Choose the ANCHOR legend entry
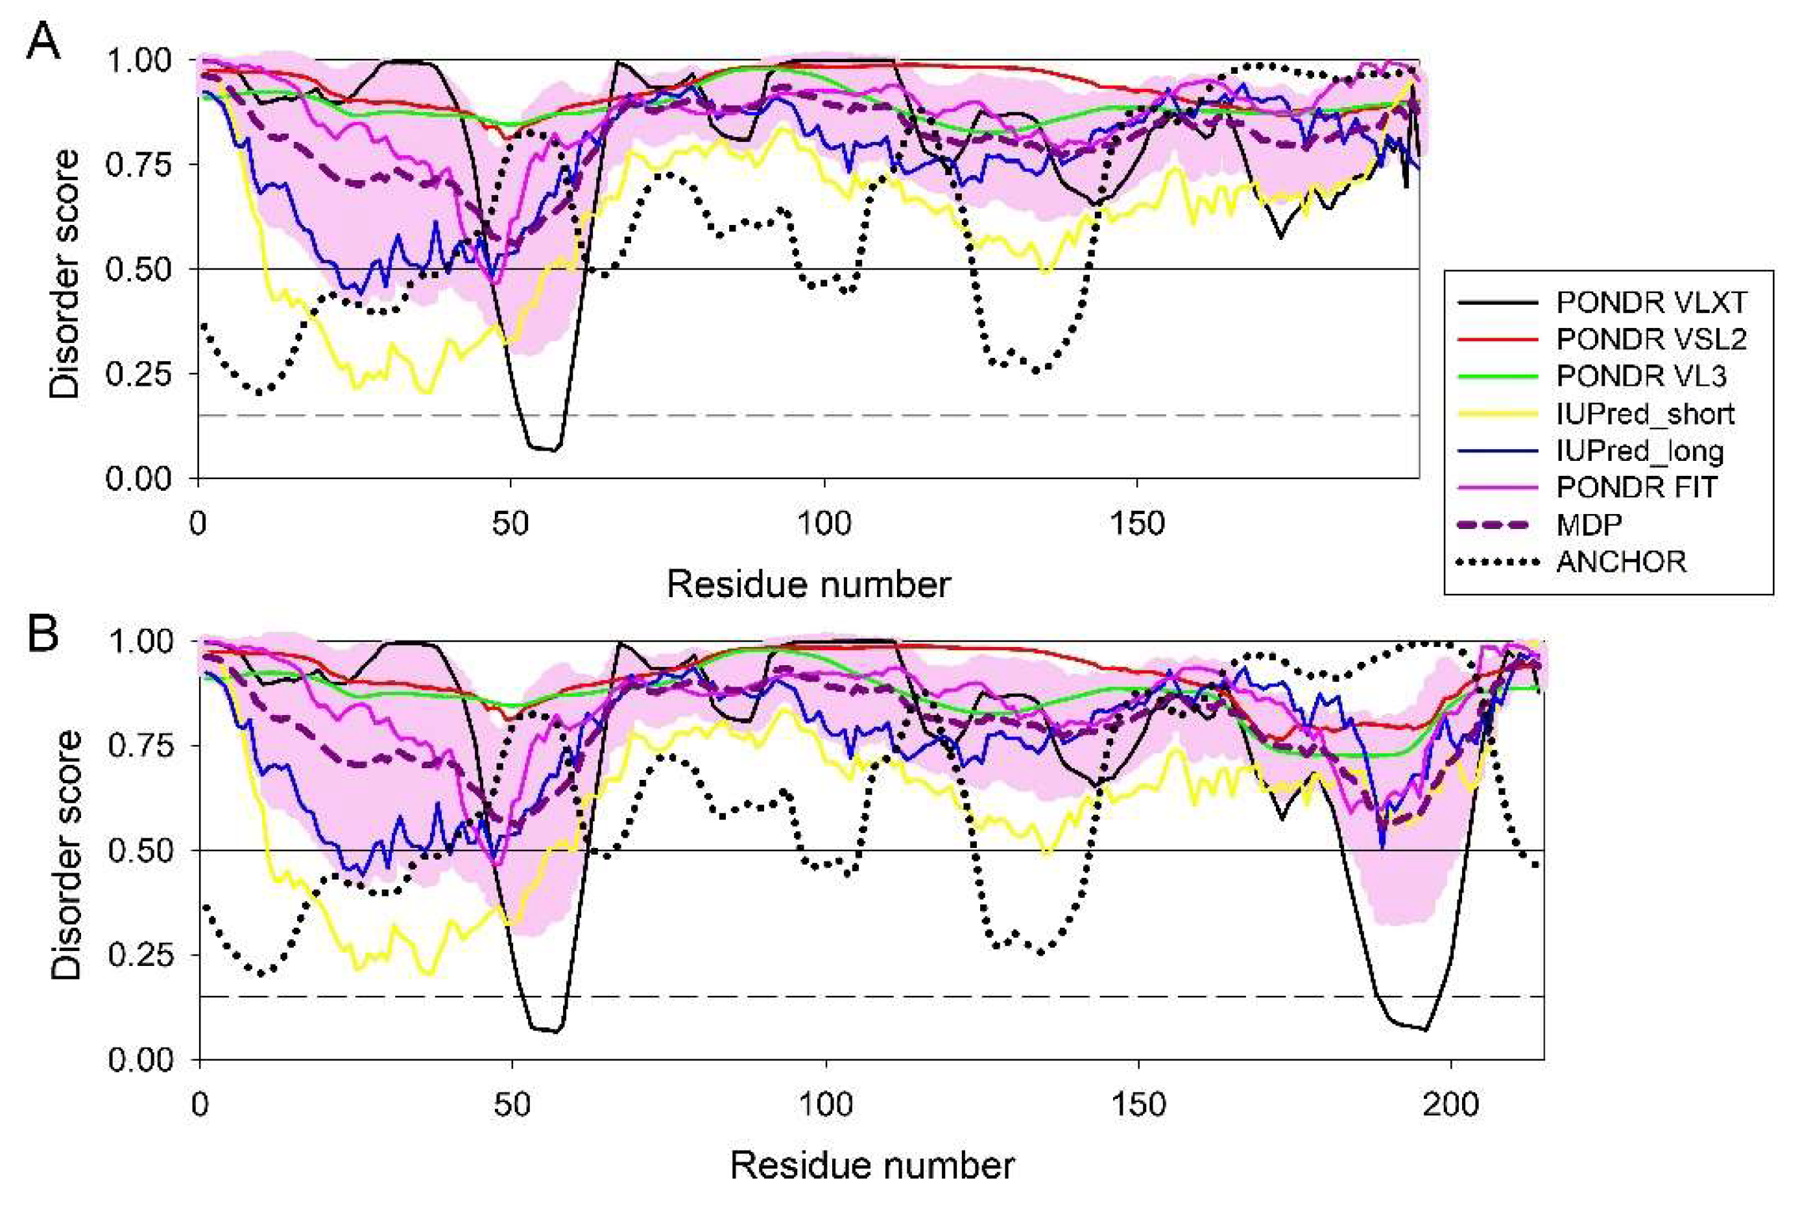1620,561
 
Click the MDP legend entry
1589,524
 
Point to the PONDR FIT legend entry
1635,488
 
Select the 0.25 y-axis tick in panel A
138,374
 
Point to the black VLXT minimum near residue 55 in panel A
546,448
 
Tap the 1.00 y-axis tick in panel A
138,60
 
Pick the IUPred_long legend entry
1638,451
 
